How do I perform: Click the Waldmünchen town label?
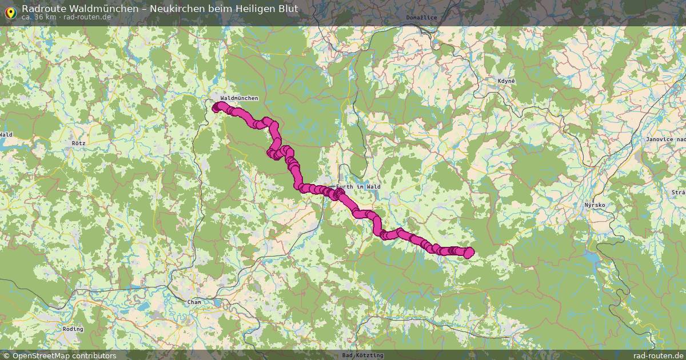tap(239, 98)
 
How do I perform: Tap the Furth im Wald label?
tap(358, 187)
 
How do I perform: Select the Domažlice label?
tap(421, 18)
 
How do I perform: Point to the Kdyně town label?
tap(506, 81)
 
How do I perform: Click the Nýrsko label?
tap(595, 205)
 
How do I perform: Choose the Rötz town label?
tap(78, 142)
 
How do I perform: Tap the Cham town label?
tap(194, 302)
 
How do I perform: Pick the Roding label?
tap(73, 329)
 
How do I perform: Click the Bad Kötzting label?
tap(362, 355)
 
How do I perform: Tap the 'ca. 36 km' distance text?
tap(39, 17)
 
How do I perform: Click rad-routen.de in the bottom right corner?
tap(659, 355)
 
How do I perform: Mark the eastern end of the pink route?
tap(469, 252)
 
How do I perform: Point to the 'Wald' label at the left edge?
tap(6, 135)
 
